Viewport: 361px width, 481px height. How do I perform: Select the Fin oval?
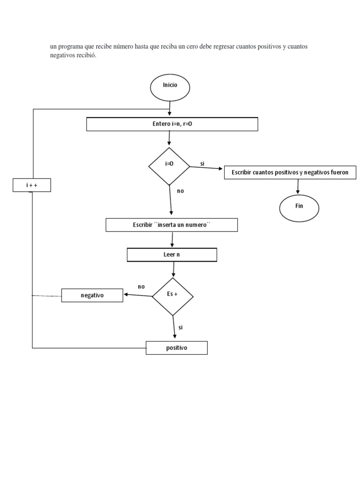(x=299, y=207)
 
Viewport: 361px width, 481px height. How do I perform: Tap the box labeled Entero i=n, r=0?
(x=172, y=124)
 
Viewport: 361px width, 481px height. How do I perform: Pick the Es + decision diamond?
(x=173, y=295)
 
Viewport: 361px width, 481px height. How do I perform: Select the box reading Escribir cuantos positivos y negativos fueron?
(x=290, y=172)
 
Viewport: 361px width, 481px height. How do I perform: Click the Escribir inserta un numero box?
(x=172, y=225)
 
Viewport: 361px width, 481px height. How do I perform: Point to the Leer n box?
(x=172, y=255)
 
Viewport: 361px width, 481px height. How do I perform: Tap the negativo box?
(x=92, y=295)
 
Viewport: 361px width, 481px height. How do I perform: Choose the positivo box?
(x=176, y=348)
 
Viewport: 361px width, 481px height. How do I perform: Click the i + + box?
(x=31, y=186)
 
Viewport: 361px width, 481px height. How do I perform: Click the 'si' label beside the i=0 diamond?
(x=202, y=163)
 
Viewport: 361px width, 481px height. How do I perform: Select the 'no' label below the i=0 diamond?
(x=180, y=191)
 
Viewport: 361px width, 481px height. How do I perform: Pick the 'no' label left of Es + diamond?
(x=141, y=287)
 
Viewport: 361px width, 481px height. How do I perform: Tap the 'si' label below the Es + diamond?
(x=180, y=327)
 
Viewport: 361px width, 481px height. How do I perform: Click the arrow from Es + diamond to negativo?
(x=138, y=295)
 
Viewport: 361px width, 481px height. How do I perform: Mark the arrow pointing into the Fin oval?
(x=298, y=186)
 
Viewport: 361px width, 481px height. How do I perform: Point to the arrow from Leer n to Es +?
(x=173, y=269)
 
